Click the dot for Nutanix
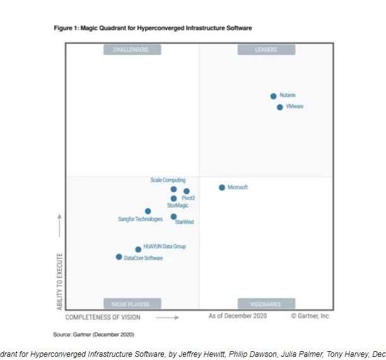273,96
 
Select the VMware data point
279,107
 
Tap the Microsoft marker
222,187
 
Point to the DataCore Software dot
119,257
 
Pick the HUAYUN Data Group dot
138,249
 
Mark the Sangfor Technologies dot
148,211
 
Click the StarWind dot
173,216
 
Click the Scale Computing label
168,180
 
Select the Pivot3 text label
188,198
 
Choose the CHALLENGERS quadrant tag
131,49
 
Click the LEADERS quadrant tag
265,49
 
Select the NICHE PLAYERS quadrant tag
131,304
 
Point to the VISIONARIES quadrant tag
265,304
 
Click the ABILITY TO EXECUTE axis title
61,281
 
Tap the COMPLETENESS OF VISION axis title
103,317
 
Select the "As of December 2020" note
237,316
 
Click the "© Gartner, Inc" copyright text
310,316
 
